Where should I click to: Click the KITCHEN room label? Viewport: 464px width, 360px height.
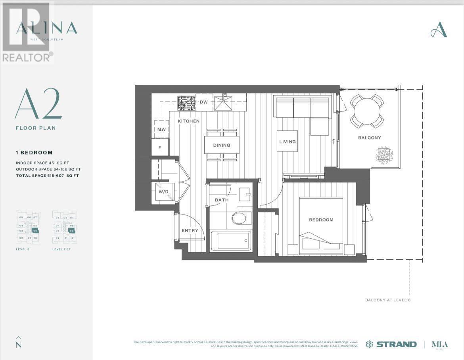click(x=188, y=121)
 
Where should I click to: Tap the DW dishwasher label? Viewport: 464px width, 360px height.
click(x=203, y=102)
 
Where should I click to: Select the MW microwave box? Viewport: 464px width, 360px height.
click(x=161, y=129)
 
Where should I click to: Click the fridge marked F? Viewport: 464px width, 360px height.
click(x=160, y=147)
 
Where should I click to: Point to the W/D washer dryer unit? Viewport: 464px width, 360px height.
click(x=163, y=192)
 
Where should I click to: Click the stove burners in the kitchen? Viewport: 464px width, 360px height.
click(x=186, y=103)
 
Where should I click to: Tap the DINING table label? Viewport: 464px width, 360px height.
click(x=222, y=145)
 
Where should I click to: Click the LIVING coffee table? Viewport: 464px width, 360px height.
click(x=288, y=142)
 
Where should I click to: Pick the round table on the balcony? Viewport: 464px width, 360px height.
click(x=367, y=111)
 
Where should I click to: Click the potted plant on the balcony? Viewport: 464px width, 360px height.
click(x=384, y=154)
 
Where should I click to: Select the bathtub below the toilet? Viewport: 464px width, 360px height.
click(x=230, y=241)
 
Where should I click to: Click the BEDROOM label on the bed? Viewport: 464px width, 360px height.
click(x=321, y=220)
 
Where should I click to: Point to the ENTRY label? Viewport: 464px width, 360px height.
click(x=190, y=231)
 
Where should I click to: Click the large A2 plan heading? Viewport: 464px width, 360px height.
click(x=38, y=104)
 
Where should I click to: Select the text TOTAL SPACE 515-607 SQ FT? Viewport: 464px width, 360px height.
click(x=47, y=175)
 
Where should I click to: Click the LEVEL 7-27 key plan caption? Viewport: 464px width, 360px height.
click(x=63, y=249)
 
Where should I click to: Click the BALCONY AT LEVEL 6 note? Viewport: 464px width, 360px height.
click(x=388, y=300)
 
